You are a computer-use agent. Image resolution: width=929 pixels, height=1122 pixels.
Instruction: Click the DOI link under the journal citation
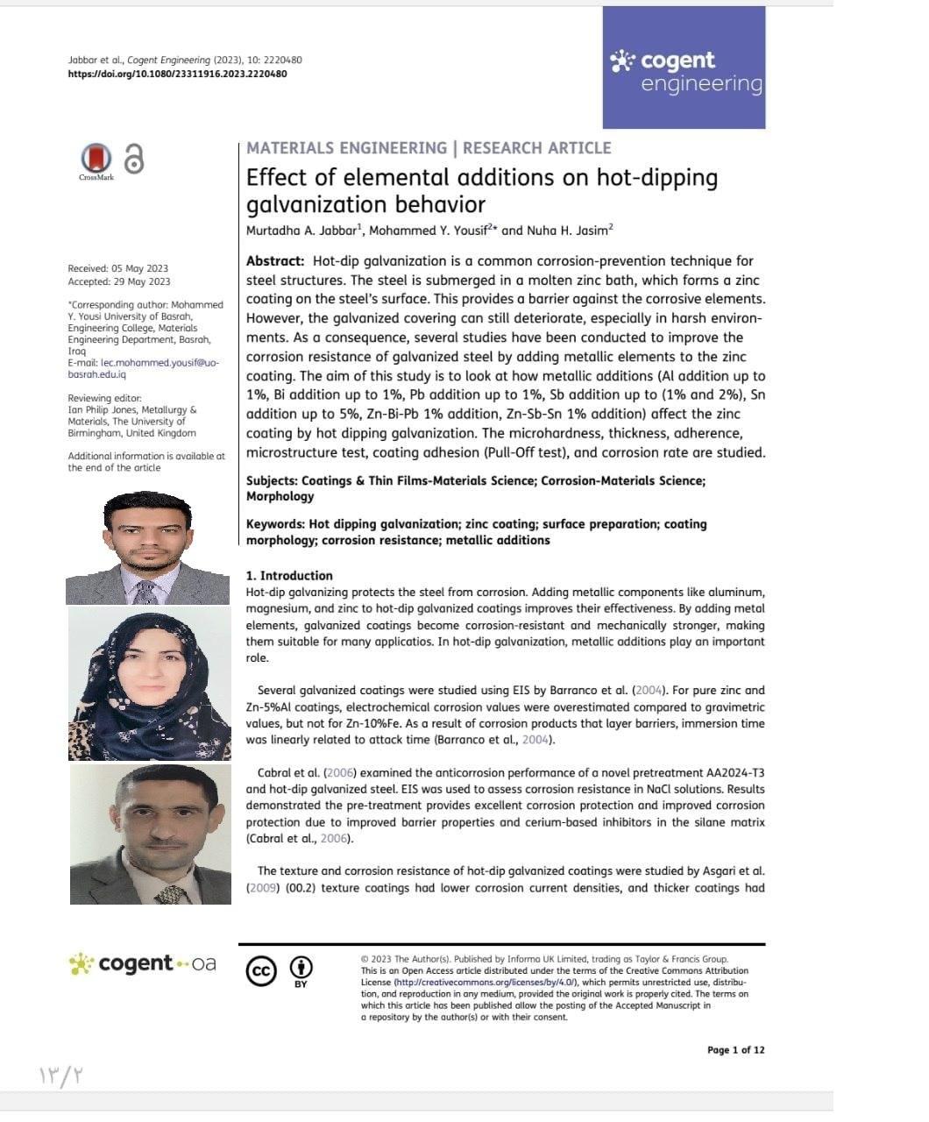coord(177,74)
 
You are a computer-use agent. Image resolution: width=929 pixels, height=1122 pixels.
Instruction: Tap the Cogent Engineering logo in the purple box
coord(684,72)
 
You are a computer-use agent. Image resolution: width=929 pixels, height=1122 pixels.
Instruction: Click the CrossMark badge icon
coord(96,160)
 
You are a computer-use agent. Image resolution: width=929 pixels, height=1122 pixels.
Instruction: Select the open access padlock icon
coord(133,158)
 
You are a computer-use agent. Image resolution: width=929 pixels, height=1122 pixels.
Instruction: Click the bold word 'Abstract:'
coord(275,261)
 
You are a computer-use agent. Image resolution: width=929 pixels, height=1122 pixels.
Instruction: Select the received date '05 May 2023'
coord(140,268)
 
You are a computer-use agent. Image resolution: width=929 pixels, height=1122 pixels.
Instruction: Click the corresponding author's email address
coord(144,368)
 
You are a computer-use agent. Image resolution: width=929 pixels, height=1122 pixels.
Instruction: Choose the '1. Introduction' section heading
coord(289,576)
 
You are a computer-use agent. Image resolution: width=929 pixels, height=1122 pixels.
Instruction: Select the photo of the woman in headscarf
coord(150,685)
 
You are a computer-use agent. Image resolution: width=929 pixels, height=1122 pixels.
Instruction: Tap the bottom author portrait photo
coord(151,834)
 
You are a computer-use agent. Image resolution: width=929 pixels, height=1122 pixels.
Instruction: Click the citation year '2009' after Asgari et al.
coord(261,887)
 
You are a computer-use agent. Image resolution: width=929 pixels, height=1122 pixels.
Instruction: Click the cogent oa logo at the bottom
coord(143,964)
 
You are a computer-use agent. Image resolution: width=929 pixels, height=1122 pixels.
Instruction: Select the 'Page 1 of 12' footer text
coord(735,1050)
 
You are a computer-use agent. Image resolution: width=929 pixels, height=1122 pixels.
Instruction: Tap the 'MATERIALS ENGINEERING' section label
coord(346,148)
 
